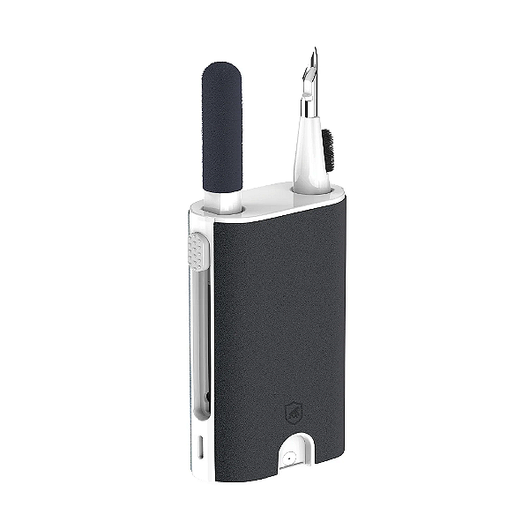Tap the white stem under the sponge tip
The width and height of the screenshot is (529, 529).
coord(226,201)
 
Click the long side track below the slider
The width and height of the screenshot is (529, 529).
coord(200,335)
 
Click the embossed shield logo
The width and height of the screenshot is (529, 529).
coord(294,412)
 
